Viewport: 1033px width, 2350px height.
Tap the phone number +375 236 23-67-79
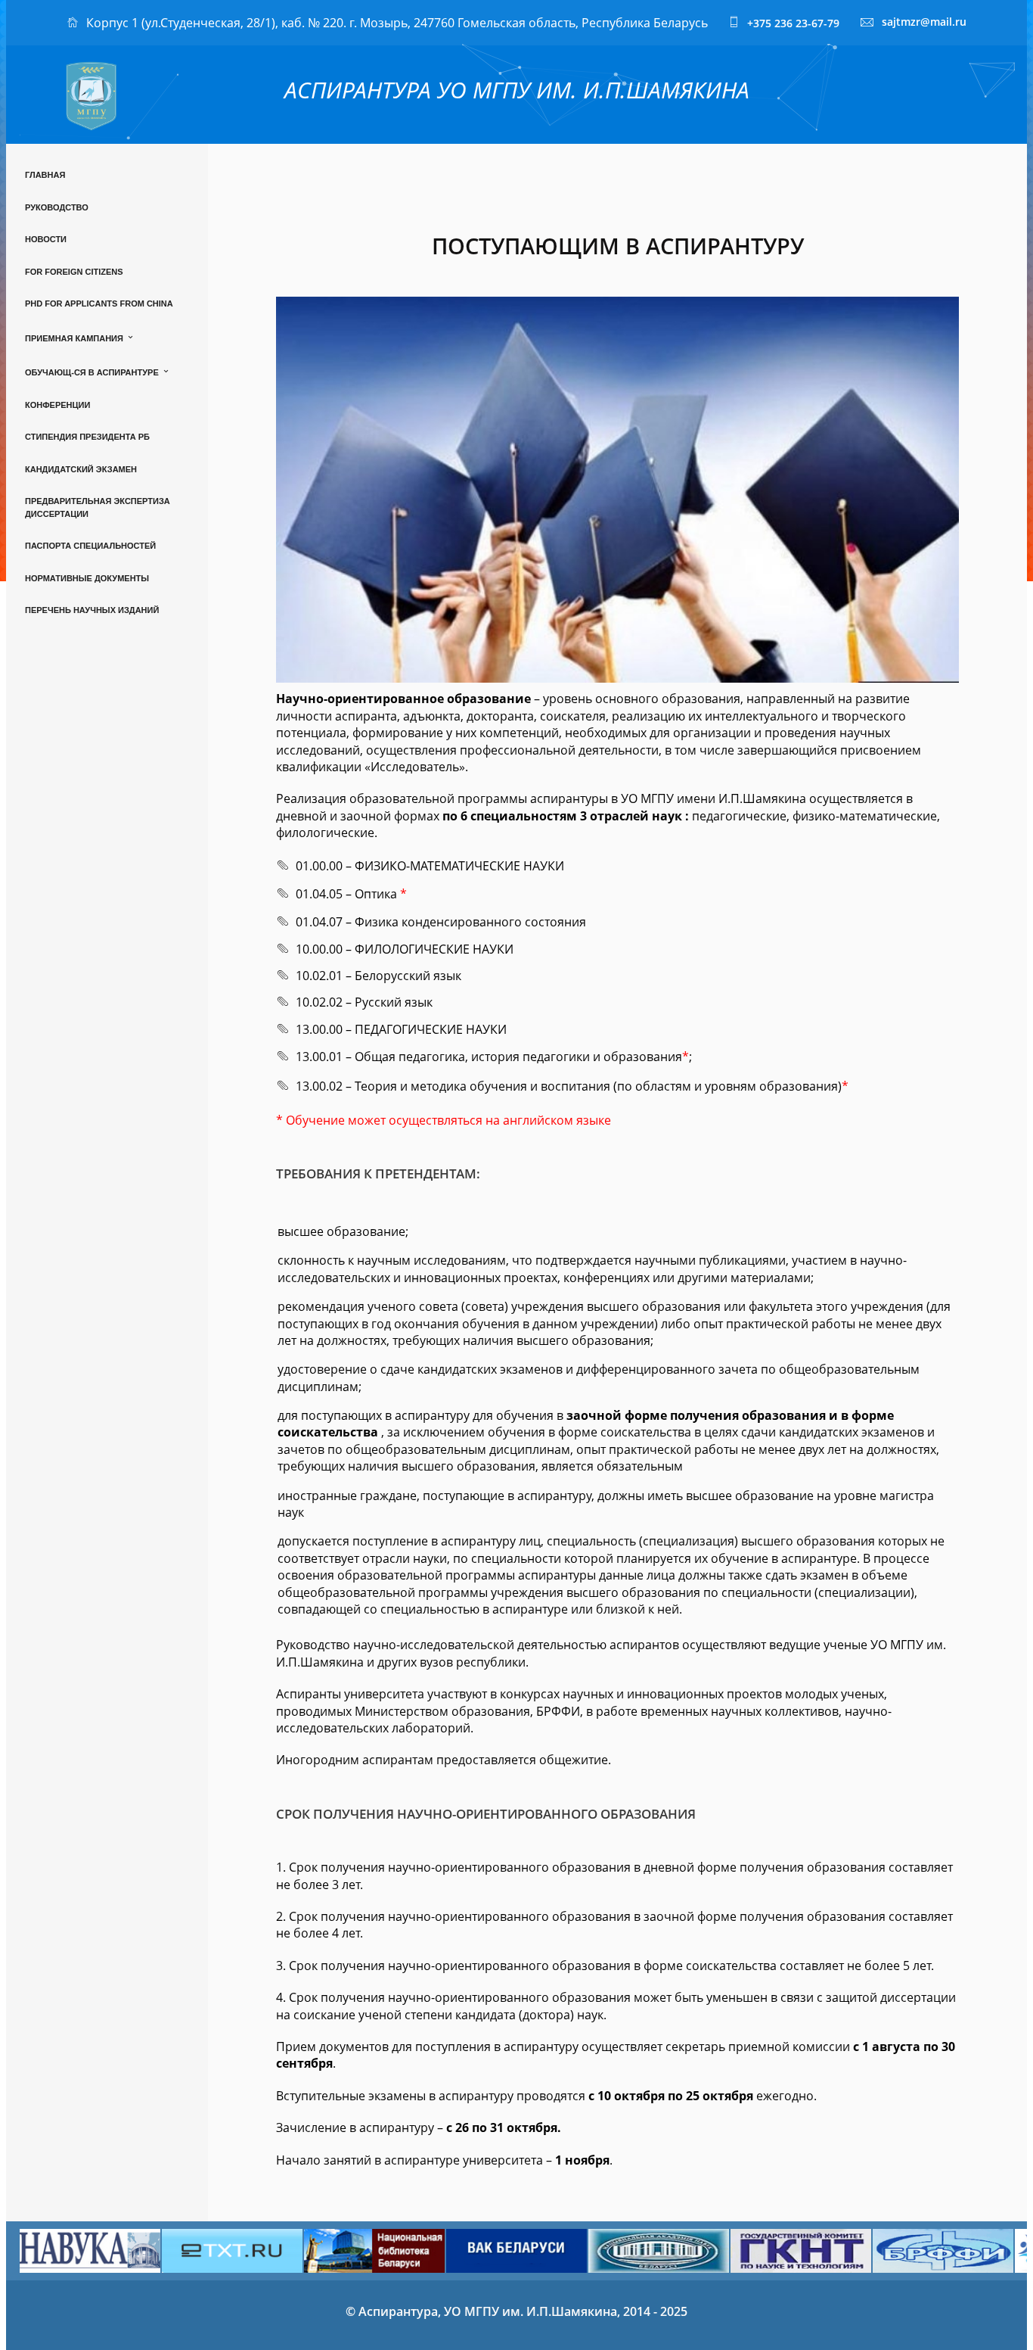[x=792, y=23]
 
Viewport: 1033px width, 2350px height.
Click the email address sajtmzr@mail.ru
[x=923, y=22]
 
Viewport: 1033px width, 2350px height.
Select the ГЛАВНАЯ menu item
[x=45, y=175]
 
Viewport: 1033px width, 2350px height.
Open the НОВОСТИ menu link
[x=45, y=239]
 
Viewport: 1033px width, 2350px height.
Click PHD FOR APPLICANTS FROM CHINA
[x=98, y=303]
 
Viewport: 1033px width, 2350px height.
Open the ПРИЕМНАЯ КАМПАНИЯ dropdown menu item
[x=75, y=338]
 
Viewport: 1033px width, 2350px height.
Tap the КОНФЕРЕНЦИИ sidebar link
[x=57, y=405]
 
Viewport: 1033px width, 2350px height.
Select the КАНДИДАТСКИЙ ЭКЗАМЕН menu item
[x=80, y=469]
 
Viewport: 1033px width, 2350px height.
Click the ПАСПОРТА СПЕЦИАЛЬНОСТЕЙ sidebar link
[x=90, y=546]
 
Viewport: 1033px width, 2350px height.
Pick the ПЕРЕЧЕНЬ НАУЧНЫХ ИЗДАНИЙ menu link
[x=92, y=610]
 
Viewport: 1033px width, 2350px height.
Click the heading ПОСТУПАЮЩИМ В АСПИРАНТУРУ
[x=617, y=246]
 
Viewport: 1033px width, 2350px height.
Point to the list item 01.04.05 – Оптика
[x=346, y=894]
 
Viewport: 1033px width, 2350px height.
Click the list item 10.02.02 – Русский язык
[x=364, y=1001]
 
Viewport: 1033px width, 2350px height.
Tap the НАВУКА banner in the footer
[x=89, y=2249]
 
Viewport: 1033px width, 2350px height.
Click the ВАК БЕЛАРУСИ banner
[x=515, y=2248]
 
